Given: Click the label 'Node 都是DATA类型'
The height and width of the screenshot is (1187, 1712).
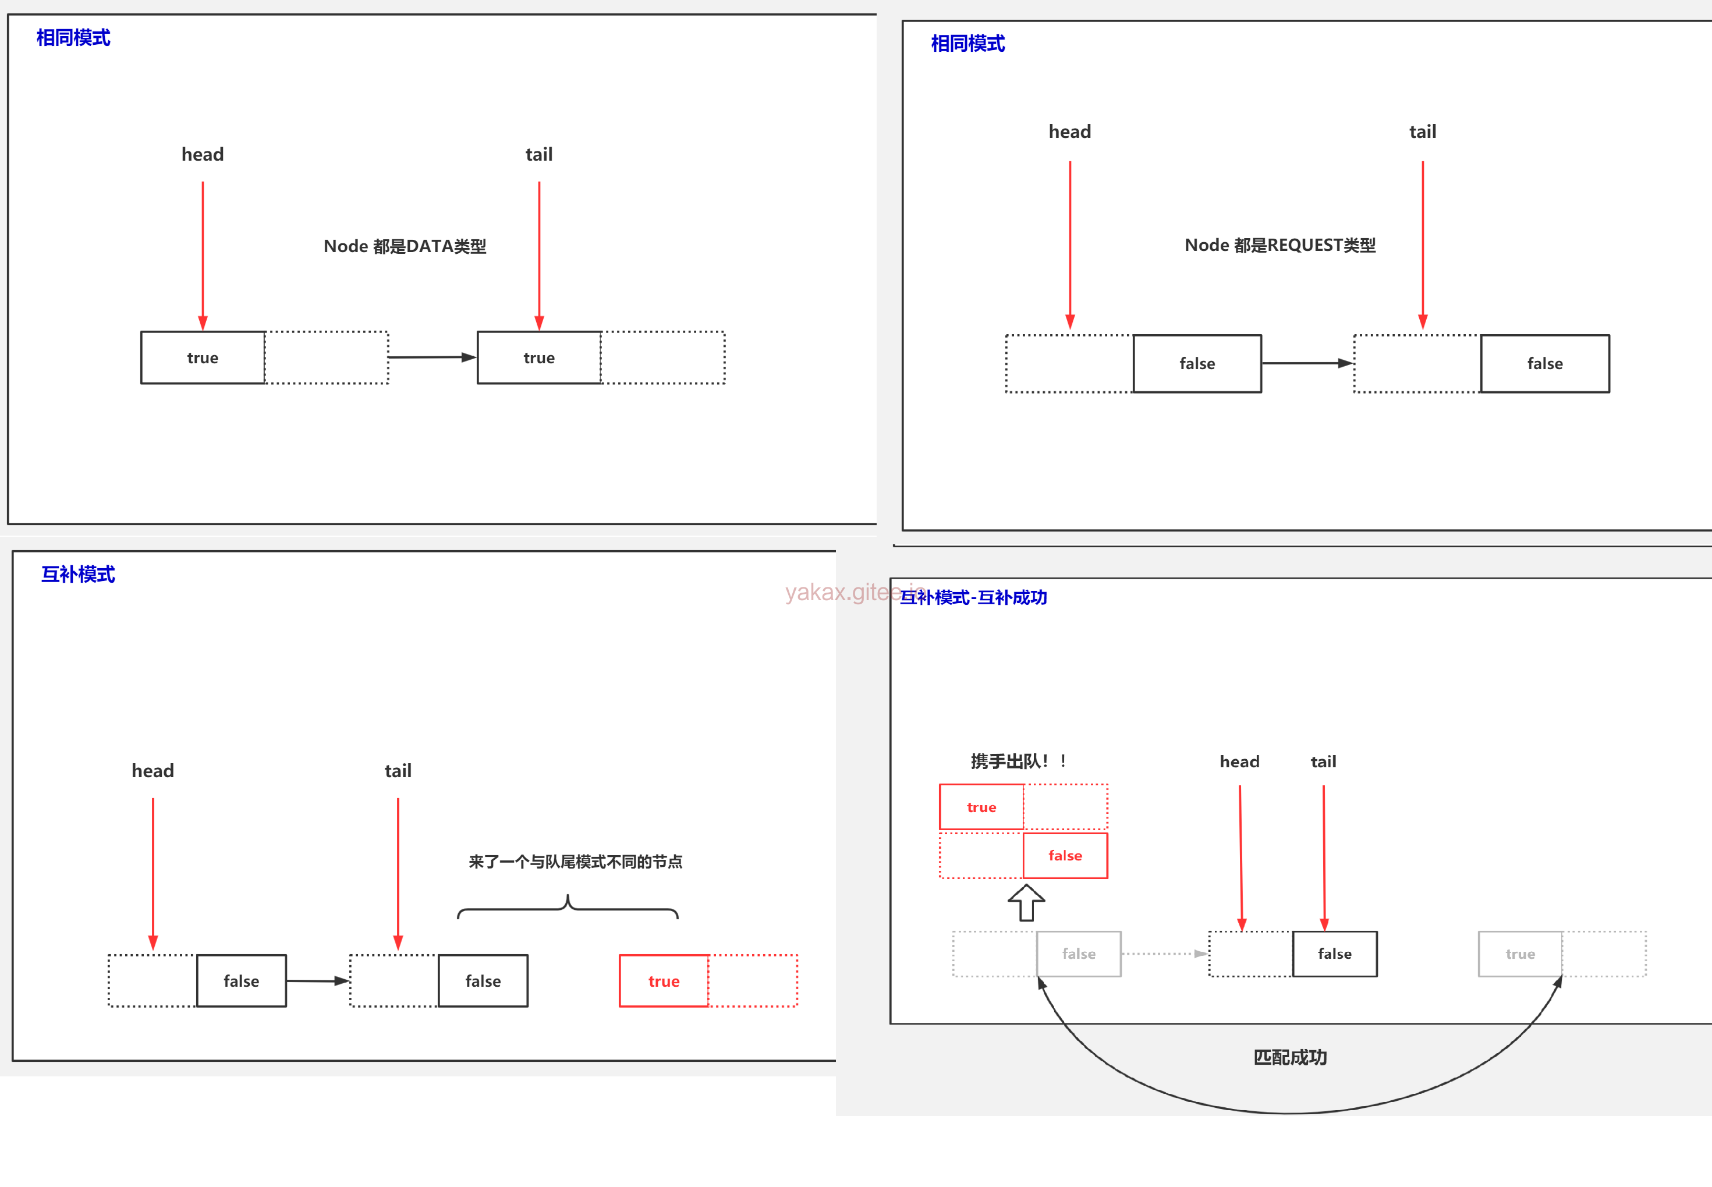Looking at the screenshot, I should [405, 246].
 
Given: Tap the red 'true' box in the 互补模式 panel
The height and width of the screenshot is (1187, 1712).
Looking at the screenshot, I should [664, 981].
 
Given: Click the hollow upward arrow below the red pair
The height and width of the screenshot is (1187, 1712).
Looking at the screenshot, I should [1026, 902].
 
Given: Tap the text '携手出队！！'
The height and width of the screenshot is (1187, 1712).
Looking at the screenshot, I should [1018, 761].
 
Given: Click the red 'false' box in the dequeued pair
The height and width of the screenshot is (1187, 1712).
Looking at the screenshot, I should [1065, 856].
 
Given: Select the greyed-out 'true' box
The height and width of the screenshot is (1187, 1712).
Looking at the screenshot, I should [1519, 954].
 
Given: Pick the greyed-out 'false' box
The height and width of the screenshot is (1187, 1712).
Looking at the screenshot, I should [1078, 954].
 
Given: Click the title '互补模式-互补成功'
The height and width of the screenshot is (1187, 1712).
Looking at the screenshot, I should [973, 597].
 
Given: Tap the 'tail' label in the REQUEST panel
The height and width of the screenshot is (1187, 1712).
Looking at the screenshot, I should [1422, 132].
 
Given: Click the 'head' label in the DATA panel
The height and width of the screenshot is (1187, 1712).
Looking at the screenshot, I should [203, 154].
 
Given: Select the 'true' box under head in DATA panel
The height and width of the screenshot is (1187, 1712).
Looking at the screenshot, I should [203, 358].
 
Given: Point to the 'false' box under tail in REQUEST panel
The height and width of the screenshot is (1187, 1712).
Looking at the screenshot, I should [1545, 364].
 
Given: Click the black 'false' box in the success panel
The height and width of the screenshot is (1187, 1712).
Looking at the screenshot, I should [1334, 954].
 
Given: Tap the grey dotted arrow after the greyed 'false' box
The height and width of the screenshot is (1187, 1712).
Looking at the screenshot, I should [1164, 954].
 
